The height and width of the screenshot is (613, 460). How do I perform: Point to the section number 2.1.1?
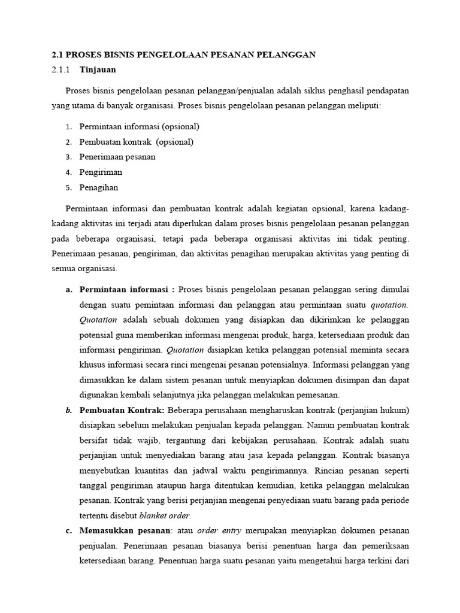click(x=60, y=69)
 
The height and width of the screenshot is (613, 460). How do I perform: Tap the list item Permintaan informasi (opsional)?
click(x=139, y=126)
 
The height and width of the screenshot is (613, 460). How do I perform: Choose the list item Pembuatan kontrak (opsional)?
click(x=136, y=142)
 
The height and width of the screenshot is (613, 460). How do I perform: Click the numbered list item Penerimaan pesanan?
click(x=117, y=157)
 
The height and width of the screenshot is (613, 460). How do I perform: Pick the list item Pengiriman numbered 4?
click(x=101, y=172)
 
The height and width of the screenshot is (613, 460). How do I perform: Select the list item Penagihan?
click(x=99, y=187)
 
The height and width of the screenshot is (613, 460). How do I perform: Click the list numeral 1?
click(x=68, y=126)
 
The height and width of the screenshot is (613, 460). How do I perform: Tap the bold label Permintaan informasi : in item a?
click(x=127, y=290)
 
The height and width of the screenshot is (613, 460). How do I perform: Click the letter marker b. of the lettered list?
click(x=68, y=410)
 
